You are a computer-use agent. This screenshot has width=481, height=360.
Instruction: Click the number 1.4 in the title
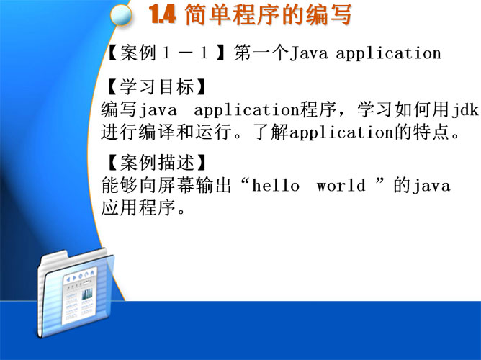[x=162, y=14]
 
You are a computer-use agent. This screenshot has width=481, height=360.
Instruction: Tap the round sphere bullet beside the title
[x=121, y=15]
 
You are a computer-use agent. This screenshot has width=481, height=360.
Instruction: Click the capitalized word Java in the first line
[x=309, y=53]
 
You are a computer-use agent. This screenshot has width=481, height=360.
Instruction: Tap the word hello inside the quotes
[x=275, y=186]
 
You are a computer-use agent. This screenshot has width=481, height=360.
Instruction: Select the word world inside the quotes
[x=341, y=186]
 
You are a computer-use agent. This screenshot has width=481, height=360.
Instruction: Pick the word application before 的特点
[x=342, y=132]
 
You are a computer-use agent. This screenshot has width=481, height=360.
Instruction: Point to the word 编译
[x=158, y=132]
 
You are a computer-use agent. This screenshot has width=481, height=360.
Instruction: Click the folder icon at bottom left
[x=76, y=293]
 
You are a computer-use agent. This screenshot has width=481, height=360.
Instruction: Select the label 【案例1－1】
[x=166, y=53]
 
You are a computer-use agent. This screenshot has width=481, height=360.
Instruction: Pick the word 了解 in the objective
[x=271, y=132]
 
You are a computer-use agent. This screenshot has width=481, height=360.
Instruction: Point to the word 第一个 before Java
[x=261, y=53]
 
